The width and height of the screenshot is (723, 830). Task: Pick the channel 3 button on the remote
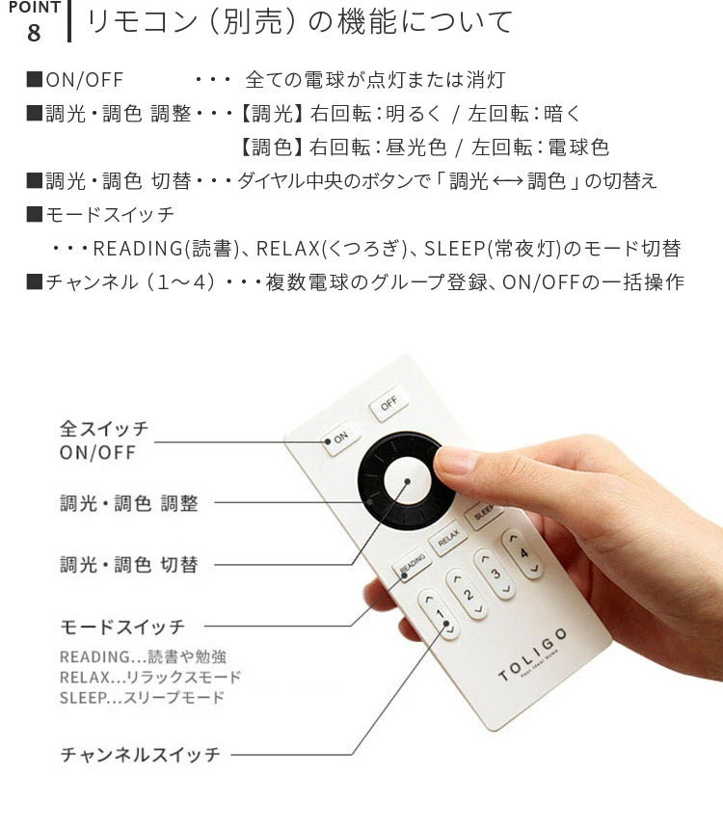(495, 573)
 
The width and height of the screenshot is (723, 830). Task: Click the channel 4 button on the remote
(523, 553)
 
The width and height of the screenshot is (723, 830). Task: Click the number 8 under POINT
(34, 33)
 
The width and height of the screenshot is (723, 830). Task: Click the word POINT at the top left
(34, 8)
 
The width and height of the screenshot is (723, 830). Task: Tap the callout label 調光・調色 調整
(128, 502)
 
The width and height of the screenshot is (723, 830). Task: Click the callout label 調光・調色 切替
(128, 565)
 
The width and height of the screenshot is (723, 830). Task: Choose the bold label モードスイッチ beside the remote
(122, 627)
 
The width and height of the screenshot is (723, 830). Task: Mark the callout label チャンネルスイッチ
(141, 754)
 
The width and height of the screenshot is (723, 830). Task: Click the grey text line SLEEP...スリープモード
(142, 697)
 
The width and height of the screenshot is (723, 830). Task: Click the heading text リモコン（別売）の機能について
(299, 21)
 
